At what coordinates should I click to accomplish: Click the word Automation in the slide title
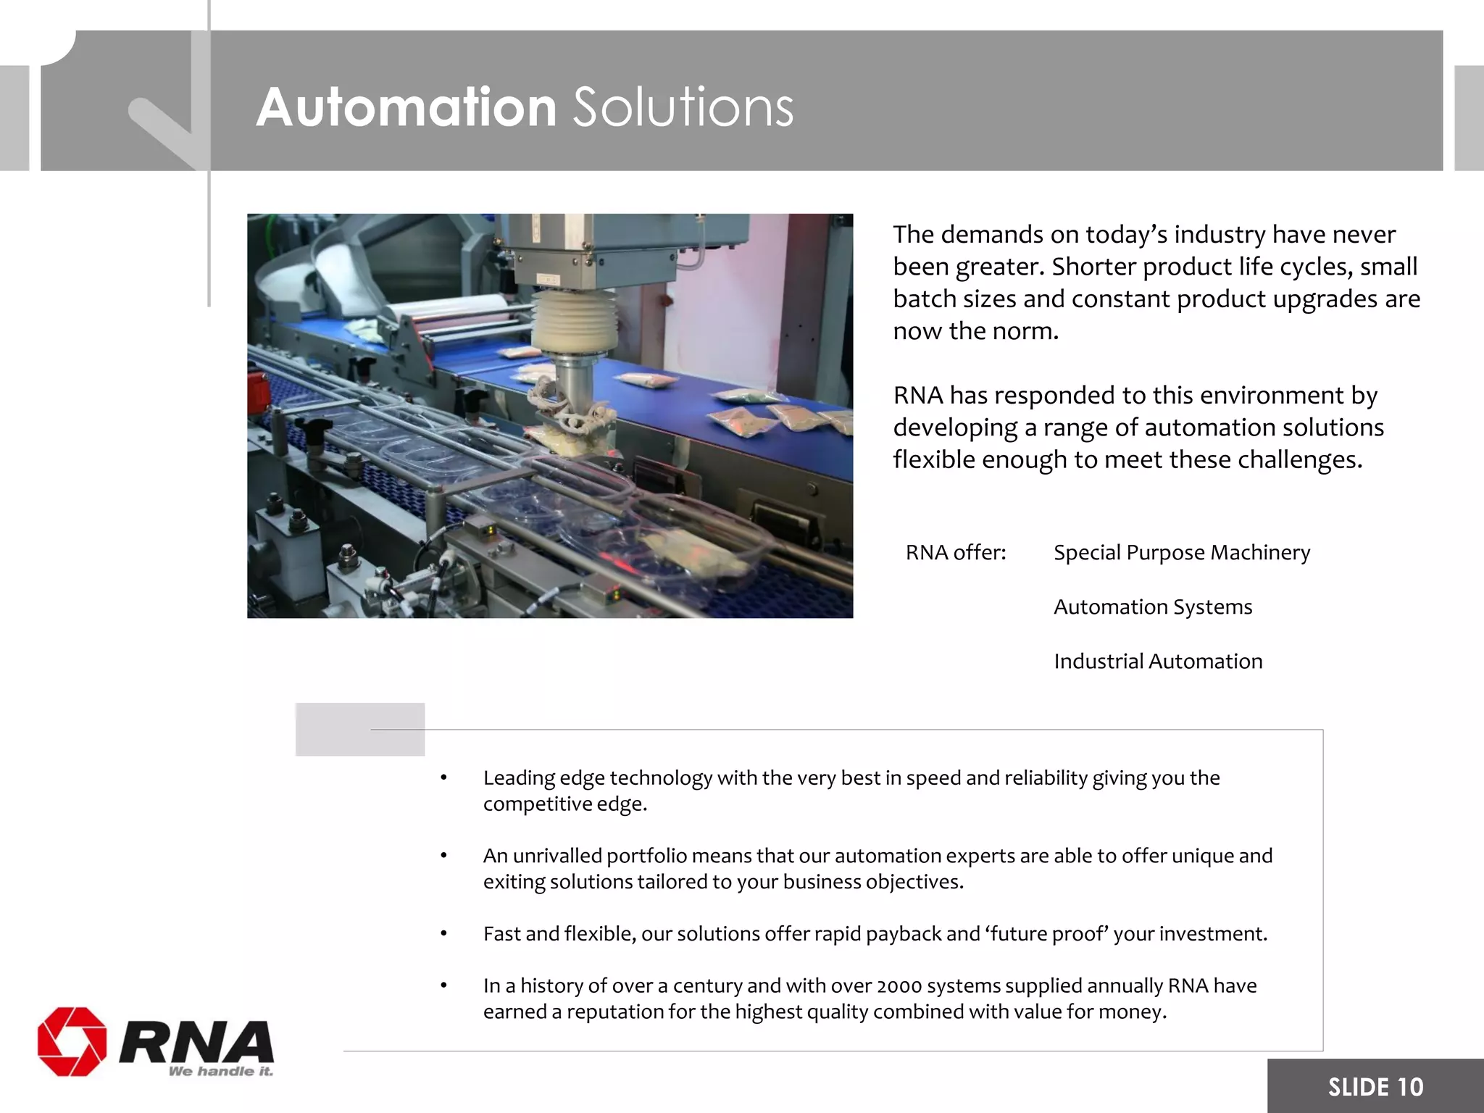[406, 107]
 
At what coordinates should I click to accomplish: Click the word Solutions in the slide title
[683, 107]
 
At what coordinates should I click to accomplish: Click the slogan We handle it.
[220, 1071]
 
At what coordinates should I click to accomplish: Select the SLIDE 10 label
[1375, 1087]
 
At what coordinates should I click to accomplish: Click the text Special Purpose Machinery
[1181, 553]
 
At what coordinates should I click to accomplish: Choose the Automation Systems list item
[1152, 607]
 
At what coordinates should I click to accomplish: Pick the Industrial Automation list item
[1157, 662]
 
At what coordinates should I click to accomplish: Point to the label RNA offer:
[955, 553]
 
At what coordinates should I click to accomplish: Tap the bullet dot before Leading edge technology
[443, 778]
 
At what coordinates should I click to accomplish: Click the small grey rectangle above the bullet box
[359, 729]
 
